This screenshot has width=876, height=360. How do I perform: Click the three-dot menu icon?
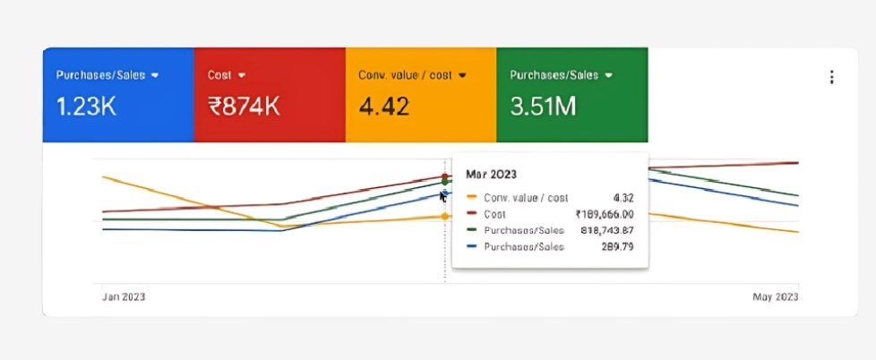[x=832, y=78]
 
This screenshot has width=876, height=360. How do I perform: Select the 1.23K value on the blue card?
[x=86, y=107]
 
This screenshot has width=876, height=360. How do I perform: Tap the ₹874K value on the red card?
[x=245, y=107]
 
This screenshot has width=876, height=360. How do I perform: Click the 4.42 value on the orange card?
[x=384, y=107]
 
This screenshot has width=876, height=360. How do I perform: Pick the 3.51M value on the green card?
[x=543, y=107]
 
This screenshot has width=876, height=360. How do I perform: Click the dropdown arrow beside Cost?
[x=242, y=75]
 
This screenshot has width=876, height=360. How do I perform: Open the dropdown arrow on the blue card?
[x=155, y=75]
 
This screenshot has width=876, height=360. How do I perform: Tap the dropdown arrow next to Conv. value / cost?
[x=462, y=75]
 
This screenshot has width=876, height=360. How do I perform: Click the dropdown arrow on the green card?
[x=609, y=75]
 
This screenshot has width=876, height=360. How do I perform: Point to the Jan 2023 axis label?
[x=124, y=296]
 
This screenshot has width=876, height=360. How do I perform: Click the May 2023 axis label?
[x=775, y=296]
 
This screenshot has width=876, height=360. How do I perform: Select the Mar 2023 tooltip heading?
[x=492, y=174]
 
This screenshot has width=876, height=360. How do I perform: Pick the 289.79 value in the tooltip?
[x=617, y=246]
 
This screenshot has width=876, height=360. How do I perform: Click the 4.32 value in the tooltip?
[x=623, y=198]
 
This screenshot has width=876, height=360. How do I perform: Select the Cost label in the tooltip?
[x=494, y=214]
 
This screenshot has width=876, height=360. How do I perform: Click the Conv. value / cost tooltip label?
[x=525, y=198]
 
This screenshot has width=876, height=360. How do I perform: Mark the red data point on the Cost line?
[x=445, y=177]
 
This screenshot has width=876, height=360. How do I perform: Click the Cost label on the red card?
[x=219, y=75]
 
